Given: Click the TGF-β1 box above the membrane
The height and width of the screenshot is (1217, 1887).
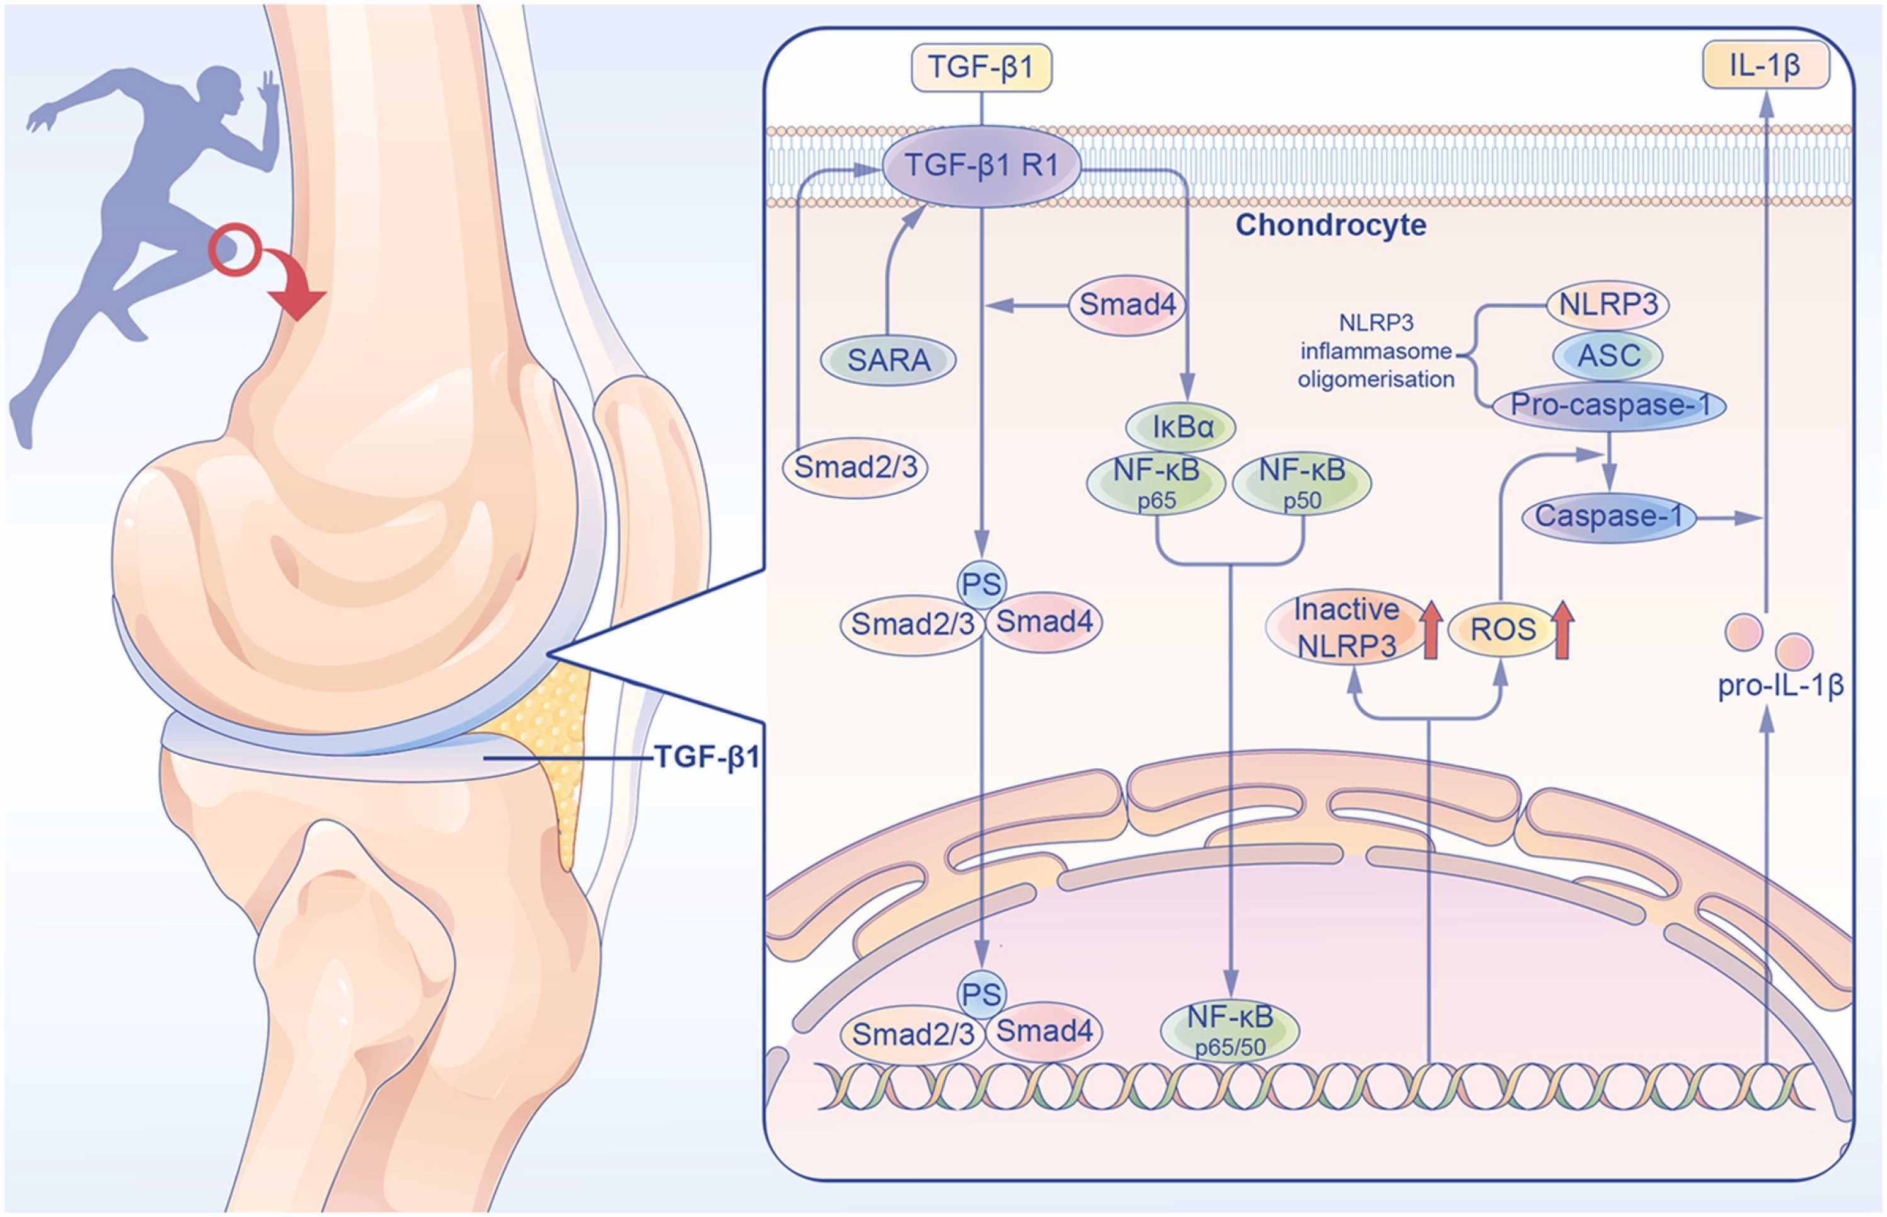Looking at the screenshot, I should (981, 68).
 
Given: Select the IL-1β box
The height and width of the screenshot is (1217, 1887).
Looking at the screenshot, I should (1765, 66).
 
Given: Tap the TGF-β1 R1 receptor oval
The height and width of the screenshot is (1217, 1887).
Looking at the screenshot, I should (981, 166).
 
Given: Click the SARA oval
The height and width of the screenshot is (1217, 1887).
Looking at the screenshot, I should (888, 360).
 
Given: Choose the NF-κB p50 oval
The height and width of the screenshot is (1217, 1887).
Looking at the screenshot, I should (1301, 482).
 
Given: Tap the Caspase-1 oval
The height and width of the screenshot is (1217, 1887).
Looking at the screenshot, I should (1609, 517).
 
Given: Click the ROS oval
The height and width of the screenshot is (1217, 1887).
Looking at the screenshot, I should (1502, 630).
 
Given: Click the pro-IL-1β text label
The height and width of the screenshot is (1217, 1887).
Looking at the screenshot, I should (1780, 685).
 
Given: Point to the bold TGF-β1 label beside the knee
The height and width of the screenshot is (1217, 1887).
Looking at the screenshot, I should (707, 758).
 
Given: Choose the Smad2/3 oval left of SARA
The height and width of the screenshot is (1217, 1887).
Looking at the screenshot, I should (855, 468).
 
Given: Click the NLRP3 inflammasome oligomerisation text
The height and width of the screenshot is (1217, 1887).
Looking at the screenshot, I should (1376, 351).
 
